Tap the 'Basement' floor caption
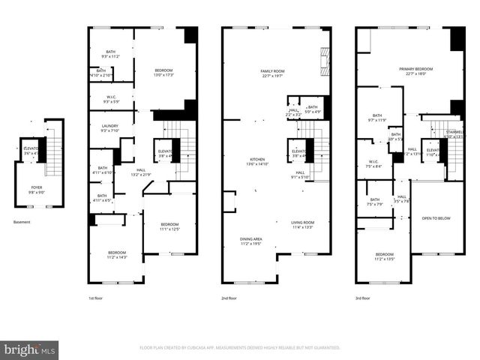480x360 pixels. point(22,222)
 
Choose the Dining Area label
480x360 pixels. point(250,241)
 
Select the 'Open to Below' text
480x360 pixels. point(436,218)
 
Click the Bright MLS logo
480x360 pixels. point(29,349)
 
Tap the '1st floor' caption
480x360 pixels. point(96,298)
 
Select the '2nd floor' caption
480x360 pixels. point(230,298)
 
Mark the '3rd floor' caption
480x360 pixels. point(364,298)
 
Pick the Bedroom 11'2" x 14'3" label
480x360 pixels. point(116,254)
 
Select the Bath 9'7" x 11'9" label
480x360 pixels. point(375,118)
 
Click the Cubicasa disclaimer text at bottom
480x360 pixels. point(240,348)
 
